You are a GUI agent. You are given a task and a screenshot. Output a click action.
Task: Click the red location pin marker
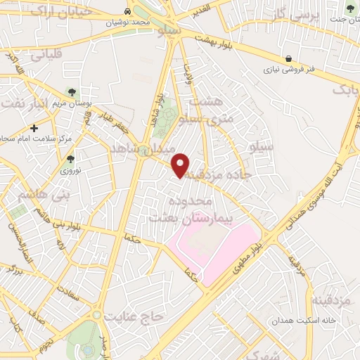[181, 165]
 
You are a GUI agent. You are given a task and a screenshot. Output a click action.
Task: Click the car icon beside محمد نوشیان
[127, 12]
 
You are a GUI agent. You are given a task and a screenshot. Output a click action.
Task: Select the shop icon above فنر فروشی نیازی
[288, 58]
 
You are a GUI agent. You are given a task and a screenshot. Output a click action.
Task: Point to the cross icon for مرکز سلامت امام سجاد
[34, 129]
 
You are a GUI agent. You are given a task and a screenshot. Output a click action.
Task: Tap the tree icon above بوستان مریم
[71, 92]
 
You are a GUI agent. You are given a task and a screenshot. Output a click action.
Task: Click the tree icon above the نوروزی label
[70, 159]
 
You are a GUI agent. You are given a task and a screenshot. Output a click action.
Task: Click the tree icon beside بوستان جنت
[350, 8]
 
